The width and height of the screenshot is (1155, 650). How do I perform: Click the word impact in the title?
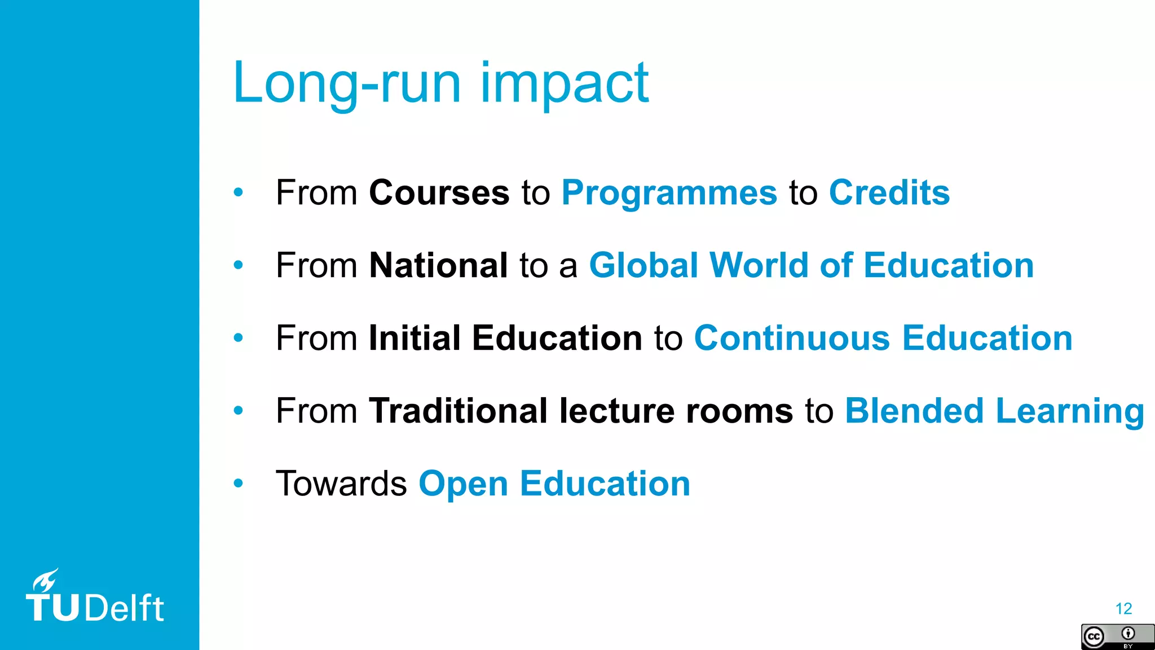(x=564, y=85)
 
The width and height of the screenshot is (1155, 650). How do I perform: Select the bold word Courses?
(x=439, y=193)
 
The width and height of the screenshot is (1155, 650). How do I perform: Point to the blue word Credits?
(x=889, y=193)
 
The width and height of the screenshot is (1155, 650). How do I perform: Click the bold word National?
(x=438, y=265)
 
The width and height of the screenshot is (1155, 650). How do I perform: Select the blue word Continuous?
(x=792, y=338)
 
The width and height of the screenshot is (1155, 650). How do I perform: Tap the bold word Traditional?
(x=458, y=411)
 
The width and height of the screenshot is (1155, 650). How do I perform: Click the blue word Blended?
(x=914, y=411)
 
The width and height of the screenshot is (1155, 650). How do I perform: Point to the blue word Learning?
(x=1070, y=412)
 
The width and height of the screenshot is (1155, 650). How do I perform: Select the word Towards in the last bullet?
(x=341, y=484)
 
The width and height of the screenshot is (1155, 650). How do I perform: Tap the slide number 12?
(x=1123, y=609)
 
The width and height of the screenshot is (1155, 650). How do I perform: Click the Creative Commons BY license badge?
(x=1117, y=637)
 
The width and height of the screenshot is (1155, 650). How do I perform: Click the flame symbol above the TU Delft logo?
(x=45, y=580)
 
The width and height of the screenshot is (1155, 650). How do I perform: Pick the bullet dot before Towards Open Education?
(x=239, y=484)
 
